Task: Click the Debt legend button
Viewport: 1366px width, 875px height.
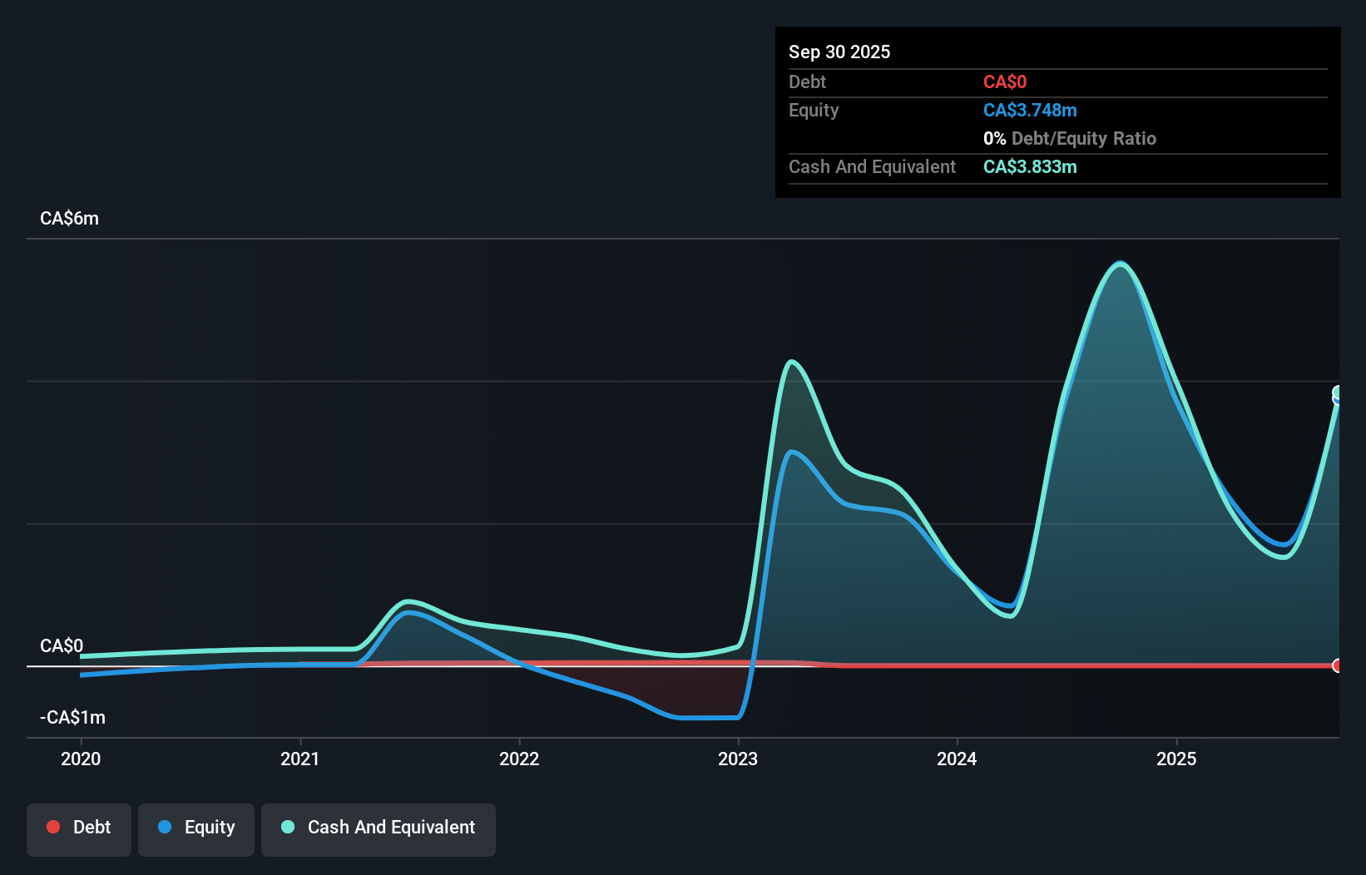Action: pos(79,828)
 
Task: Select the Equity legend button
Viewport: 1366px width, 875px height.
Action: pos(196,828)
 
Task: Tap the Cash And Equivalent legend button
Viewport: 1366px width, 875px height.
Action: pos(379,828)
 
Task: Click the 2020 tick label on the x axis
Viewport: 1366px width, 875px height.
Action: pos(81,759)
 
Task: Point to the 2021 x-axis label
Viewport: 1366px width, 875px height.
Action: pos(299,759)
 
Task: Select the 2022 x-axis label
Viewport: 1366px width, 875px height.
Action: pos(519,759)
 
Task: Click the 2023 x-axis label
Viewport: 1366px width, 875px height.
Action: pos(738,759)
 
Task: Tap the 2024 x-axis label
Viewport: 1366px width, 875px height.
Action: pos(957,759)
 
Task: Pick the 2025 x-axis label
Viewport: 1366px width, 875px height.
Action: pos(1176,759)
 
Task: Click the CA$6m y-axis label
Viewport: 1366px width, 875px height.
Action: pos(69,219)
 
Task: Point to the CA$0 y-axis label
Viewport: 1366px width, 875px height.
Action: pos(62,646)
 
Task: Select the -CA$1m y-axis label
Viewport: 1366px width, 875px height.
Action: pos(72,718)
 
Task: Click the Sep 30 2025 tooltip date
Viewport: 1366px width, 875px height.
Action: pos(839,52)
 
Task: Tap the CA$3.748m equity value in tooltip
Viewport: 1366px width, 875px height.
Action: pos(1030,111)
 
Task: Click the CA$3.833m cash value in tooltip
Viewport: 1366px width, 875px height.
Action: pos(1030,167)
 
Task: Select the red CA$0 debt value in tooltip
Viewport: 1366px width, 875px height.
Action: pos(1005,82)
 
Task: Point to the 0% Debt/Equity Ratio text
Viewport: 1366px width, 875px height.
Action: pos(1070,139)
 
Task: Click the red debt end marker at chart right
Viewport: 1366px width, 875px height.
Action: pos(1337,665)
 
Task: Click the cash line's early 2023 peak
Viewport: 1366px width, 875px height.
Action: pos(791,362)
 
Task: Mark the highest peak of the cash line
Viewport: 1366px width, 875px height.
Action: pos(1121,264)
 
